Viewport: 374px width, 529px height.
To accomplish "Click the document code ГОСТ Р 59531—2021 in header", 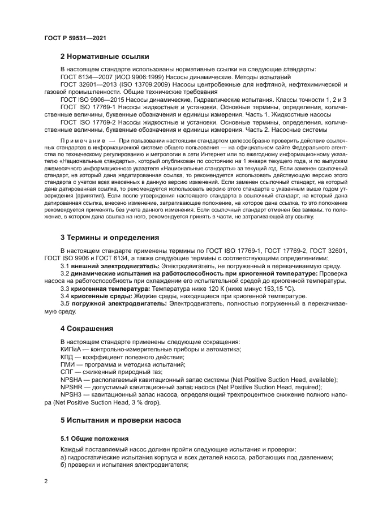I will click(x=75, y=38).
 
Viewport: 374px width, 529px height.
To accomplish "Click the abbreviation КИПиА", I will click(x=72, y=349).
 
